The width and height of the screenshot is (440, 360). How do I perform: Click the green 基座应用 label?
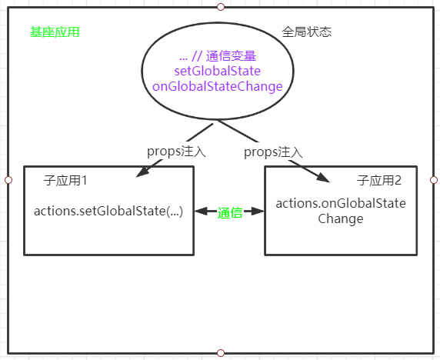[55, 32]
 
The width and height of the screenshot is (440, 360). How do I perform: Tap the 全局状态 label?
[307, 32]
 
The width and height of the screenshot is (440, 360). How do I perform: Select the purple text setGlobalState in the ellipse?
[218, 72]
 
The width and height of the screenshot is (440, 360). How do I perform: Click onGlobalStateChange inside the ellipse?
[218, 86]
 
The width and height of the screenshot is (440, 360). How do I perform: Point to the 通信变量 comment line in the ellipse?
[217, 56]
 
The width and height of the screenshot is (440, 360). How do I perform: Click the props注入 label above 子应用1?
[176, 152]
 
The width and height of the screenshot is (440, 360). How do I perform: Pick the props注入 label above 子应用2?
[273, 152]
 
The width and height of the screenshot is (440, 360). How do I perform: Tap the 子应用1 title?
[65, 181]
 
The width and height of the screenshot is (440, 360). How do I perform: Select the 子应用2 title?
[379, 181]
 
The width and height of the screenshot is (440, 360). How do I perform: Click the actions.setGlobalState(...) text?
[108, 211]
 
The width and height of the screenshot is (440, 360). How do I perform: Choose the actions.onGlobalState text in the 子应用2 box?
[341, 203]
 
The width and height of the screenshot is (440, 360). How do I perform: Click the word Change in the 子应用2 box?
[341, 218]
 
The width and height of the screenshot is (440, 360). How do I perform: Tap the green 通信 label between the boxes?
[230, 212]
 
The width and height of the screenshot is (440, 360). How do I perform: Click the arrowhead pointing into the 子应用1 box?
[140, 174]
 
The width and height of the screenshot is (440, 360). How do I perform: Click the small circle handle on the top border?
[221, 6]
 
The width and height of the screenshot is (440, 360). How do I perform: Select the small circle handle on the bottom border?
[221, 353]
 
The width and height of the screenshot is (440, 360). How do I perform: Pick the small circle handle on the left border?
[8, 179]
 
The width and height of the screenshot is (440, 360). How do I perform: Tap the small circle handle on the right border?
[434, 179]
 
